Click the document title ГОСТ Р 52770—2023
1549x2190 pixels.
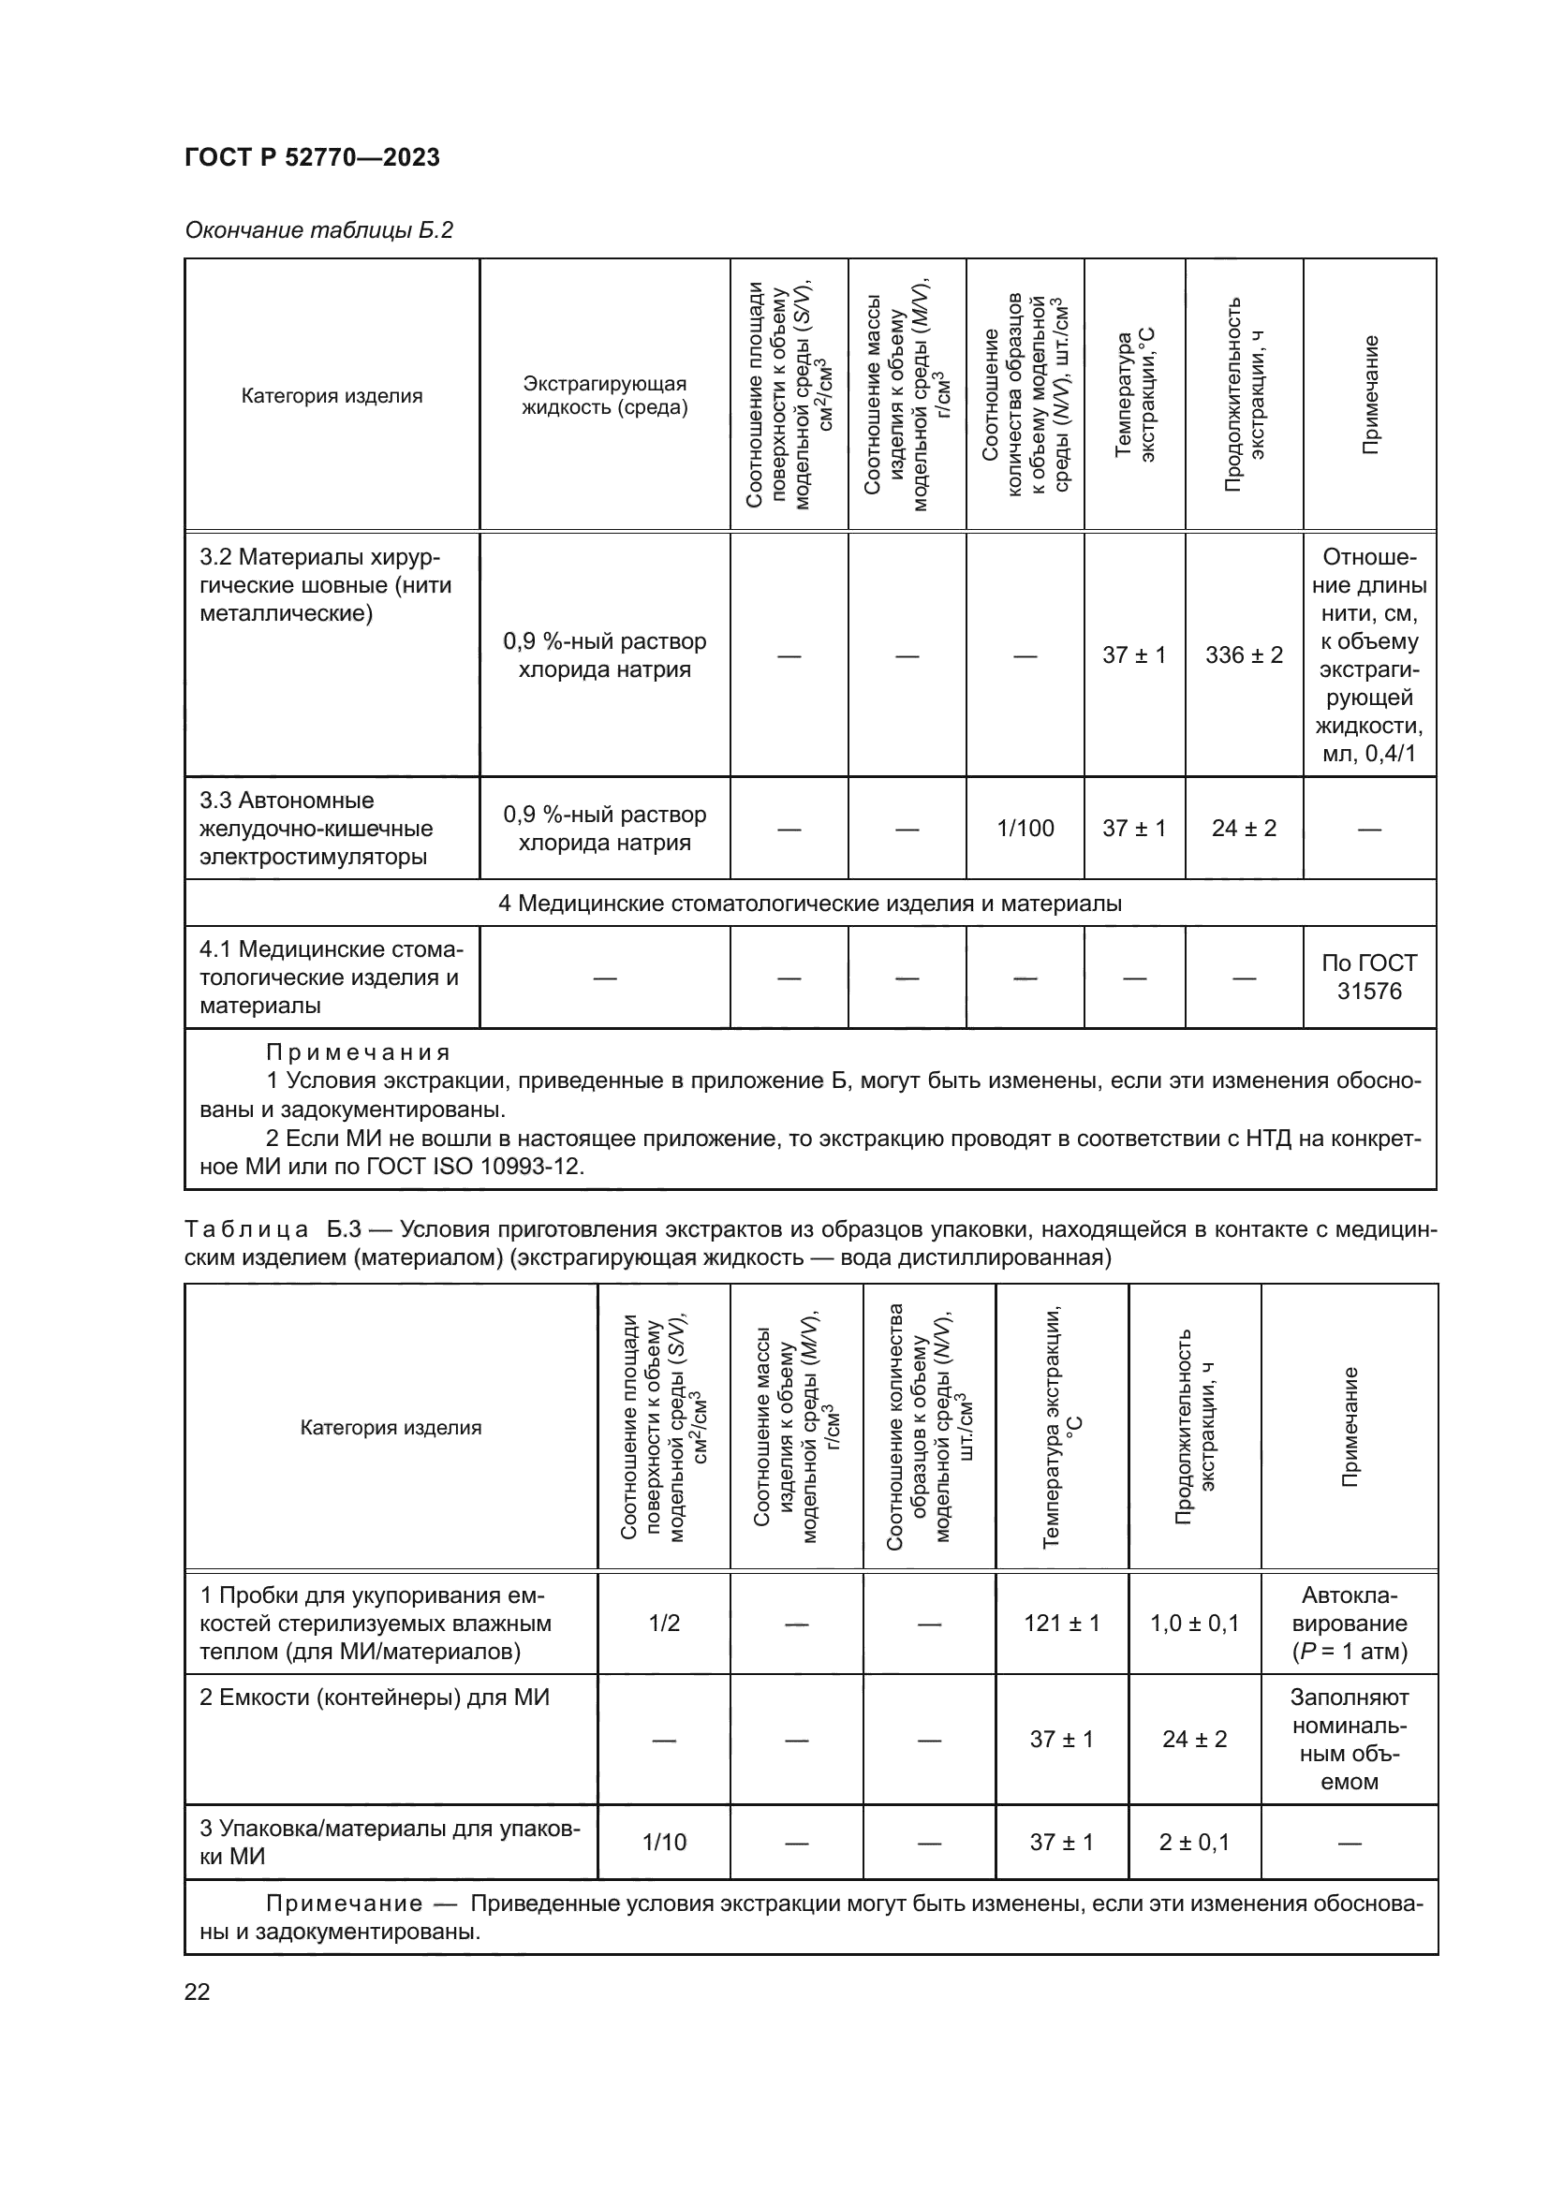click(x=312, y=158)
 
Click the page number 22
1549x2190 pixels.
click(x=198, y=1992)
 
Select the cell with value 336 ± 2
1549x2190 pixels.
click(x=1244, y=655)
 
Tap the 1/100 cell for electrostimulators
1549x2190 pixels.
click(x=1025, y=828)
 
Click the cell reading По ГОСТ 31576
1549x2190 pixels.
click(x=1369, y=977)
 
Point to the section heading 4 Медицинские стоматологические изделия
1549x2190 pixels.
click(x=810, y=903)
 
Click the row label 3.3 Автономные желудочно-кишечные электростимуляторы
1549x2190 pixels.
click(x=316, y=828)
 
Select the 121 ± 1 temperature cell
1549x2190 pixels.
click(x=1062, y=1623)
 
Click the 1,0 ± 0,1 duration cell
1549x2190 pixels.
click(x=1194, y=1623)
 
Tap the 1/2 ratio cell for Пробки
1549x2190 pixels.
click(x=664, y=1623)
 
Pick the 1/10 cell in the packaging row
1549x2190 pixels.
click(x=664, y=1842)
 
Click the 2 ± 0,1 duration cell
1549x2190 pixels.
click(x=1194, y=1842)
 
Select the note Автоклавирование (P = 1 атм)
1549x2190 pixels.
click(x=1350, y=1623)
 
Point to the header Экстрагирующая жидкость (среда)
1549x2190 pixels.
click(x=605, y=396)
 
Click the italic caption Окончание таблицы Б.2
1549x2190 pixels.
click(x=318, y=231)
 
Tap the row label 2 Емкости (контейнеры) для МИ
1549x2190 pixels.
click(x=374, y=1698)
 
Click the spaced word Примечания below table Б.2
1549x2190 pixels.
click(x=358, y=1053)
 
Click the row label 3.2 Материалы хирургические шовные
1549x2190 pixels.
click(x=325, y=584)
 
